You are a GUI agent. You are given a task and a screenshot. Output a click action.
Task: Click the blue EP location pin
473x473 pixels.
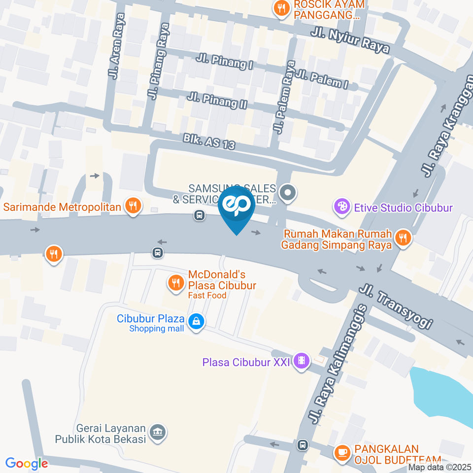[236, 207]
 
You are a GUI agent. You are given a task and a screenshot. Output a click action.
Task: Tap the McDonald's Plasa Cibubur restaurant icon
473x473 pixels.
[175, 282]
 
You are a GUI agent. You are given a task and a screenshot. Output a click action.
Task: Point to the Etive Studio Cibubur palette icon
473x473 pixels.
[341, 207]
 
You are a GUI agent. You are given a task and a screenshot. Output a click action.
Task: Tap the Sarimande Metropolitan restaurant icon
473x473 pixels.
[132, 206]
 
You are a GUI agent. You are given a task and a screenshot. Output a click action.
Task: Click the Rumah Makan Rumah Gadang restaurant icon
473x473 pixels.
[403, 238]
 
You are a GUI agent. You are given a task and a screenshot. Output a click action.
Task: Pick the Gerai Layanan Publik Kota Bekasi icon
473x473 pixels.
[158, 433]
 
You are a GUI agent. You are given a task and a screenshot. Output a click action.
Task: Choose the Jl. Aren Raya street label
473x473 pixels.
[117, 46]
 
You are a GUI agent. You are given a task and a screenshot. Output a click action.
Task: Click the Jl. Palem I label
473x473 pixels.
[323, 80]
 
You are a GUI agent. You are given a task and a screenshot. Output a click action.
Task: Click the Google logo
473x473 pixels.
[27, 463]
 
